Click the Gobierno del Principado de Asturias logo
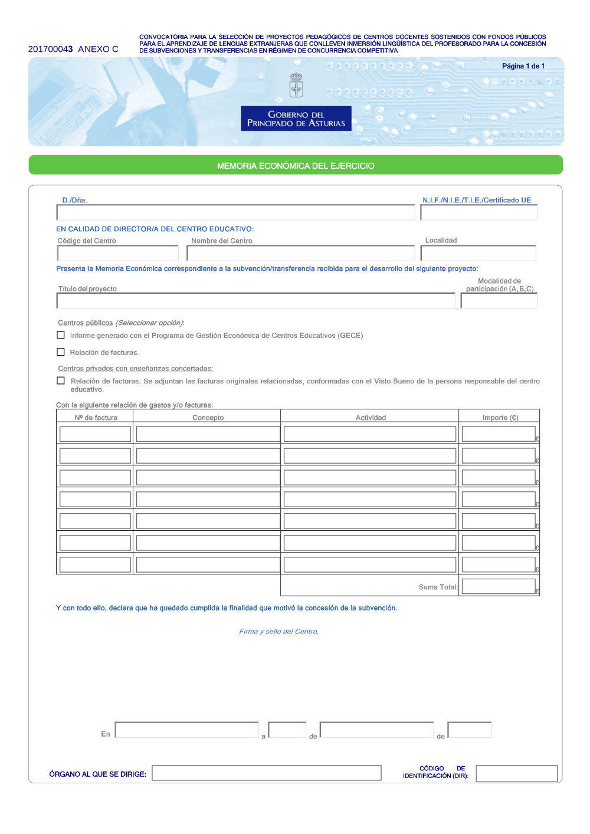[x=296, y=118]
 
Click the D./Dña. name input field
[x=235, y=212]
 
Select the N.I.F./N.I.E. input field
[x=478, y=212]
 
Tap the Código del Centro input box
[x=118, y=253]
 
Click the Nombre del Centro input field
[x=300, y=253]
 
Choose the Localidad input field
[x=478, y=253]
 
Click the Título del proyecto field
[x=255, y=301]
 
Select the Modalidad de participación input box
[x=499, y=301]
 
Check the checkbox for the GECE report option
[x=61, y=335]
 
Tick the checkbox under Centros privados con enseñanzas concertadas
[x=61, y=380]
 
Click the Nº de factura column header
[x=96, y=418]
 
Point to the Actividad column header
[x=371, y=418]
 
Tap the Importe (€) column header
[x=500, y=418]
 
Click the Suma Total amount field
[x=498, y=586]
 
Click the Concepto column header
[x=208, y=418]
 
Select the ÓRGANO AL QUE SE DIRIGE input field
[x=266, y=773]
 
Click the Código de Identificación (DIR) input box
[x=516, y=773]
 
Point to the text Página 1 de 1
[x=523, y=66]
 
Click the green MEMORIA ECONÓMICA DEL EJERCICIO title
[x=296, y=166]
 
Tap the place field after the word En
[x=186, y=730]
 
